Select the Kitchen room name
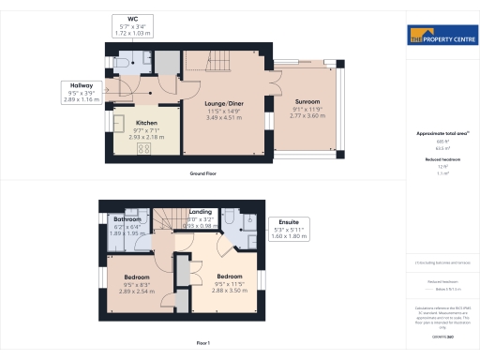(x=147, y=123)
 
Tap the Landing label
(x=201, y=213)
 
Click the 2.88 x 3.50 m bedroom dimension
(x=231, y=291)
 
